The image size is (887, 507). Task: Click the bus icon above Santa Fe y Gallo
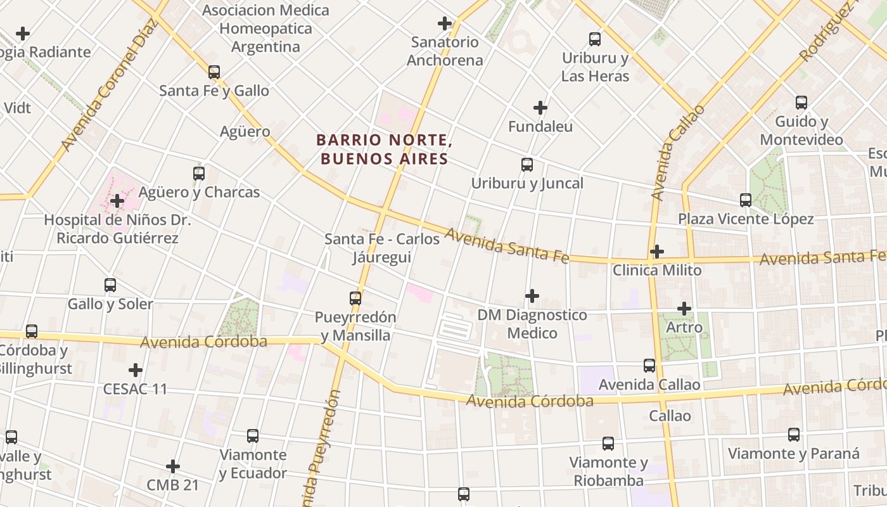[214, 72]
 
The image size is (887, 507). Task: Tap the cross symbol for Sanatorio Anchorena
[445, 24]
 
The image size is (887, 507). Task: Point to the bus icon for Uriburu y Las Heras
[595, 39]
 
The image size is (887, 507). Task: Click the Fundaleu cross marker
[540, 108]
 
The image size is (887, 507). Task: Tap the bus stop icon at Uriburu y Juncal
[527, 165]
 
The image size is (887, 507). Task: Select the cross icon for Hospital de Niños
[117, 202]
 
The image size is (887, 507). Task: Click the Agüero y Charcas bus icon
[199, 174]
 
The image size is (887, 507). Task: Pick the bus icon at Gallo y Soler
[110, 285]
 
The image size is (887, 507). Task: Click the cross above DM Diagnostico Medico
[532, 296]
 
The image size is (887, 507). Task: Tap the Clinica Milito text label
[657, 271]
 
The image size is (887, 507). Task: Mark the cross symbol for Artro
[684, 309]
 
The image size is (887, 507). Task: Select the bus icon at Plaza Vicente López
[746, 200]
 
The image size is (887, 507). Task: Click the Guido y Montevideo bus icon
[801, 103]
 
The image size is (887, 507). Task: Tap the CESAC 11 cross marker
[136, 370]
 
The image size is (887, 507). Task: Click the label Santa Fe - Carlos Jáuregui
[382, 248]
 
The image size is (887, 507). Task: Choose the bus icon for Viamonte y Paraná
[794, 435]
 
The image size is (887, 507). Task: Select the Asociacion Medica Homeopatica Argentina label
[266, 29]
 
